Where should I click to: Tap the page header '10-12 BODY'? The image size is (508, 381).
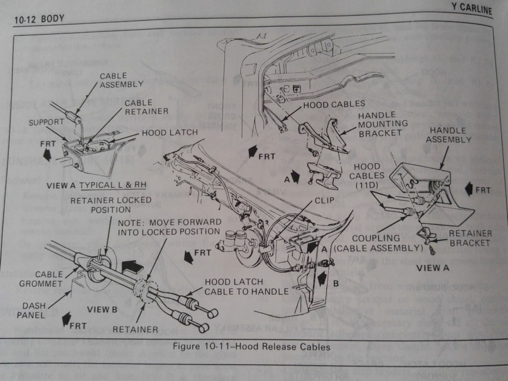[39, 19]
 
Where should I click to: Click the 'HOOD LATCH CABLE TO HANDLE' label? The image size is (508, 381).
[246, 286]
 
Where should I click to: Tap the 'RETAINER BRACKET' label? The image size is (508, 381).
[470, 238]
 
